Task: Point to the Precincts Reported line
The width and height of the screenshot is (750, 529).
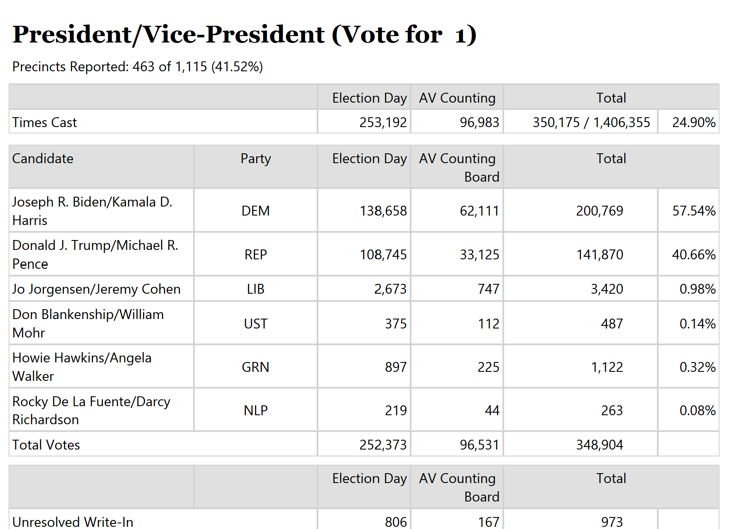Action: [x=137, y=67]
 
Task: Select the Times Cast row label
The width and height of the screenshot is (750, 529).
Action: [x=45, y=122]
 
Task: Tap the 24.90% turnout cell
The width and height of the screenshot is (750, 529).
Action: [x=694, y=122]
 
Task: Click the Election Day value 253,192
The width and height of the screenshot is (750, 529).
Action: [x=383, y=122]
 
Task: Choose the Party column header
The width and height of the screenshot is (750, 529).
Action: [x=256, y=159]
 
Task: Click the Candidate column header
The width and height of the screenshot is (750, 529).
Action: [x=43, y=158]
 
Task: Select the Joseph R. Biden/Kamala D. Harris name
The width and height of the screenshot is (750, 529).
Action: [x=92, y=211]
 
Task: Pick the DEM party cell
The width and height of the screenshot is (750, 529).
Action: [x=256, y=211]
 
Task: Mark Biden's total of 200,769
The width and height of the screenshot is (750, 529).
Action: [x=599, y=211]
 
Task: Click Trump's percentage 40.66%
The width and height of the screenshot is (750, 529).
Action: [x=694, y=255]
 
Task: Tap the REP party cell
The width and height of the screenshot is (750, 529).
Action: [x=256, y=255]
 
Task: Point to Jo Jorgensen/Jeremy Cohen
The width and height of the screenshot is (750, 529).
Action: [x=97, y=289]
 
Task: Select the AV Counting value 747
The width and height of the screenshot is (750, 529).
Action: [x=489, y=289]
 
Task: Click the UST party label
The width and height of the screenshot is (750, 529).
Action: [x=256, y=324]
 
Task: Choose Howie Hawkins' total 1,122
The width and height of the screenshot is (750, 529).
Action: [x=607, y=367]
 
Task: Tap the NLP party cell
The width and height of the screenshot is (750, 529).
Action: [x=256, y=410]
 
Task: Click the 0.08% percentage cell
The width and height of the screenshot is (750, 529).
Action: [x=698, y=410]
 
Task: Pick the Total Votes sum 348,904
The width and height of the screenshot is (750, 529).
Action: [x=599, y=445]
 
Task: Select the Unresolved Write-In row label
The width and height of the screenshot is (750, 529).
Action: [x=73, y=522]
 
